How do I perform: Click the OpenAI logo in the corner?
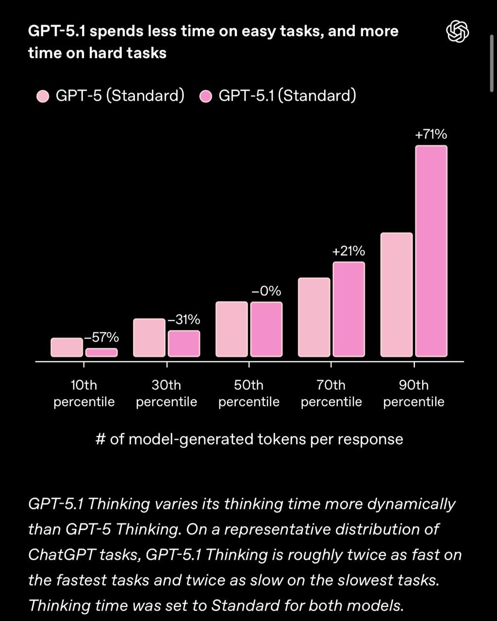457,33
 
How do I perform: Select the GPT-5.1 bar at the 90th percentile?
431,251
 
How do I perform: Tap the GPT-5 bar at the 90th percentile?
397,295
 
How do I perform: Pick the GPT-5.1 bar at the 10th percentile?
101,353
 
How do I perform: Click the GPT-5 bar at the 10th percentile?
66,347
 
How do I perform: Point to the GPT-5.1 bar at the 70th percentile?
348,310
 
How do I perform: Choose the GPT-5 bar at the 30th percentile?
149,338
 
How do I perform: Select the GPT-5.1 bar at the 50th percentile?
266,329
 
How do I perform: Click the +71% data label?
431,134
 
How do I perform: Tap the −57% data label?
101,338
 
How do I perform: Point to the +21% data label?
348,251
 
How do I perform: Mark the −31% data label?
183,320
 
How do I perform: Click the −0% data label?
266,291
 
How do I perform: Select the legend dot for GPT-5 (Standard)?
43,97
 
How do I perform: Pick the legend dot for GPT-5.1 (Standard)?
206,97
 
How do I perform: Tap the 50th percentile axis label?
249,393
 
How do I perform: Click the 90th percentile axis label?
414,393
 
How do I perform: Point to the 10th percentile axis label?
84,393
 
